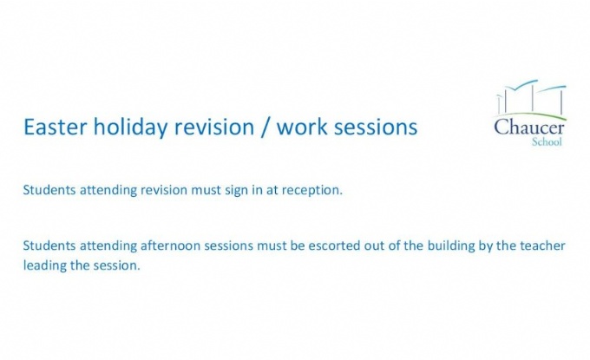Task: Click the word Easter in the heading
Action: [56, 127]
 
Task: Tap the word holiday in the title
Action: [130, 128]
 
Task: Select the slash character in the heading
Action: [265, 128]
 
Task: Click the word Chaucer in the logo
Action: [529, 127]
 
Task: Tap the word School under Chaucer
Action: [547, 141]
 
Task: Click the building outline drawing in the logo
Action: [531, 98]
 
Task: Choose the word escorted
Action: [334, 245]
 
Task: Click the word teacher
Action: [542, 246]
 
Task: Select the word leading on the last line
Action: [45, 266]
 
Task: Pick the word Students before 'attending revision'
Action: [49, 190]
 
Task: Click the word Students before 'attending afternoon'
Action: [49, 245]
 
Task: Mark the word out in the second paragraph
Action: [373, 246]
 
